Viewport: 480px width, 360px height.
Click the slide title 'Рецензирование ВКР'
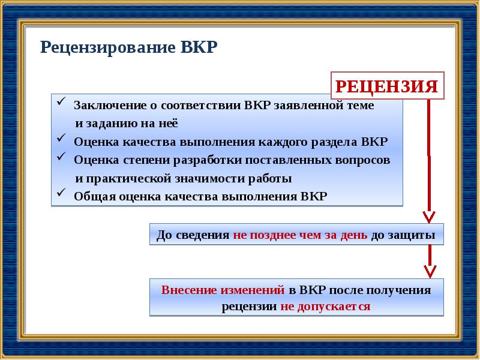click(x=128, y=47)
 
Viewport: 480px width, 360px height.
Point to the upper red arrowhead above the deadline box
click(x=428, y=216)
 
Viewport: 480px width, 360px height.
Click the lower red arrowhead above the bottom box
click(x=428, y=271)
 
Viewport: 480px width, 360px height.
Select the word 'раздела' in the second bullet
click(x=335, y=142)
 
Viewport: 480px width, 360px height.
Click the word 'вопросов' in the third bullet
click(x=365, y=161)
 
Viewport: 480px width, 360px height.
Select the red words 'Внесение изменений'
click(x=223, y=290)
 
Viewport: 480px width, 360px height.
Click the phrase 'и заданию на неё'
click(x=127, y=124)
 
